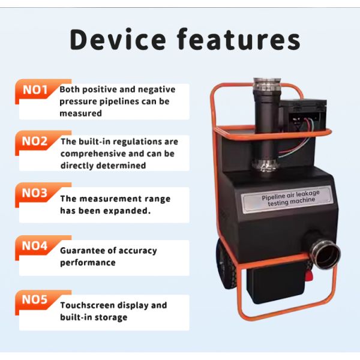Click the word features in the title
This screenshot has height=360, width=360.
tap(238, 39)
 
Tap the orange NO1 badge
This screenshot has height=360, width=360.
tap(35, 90)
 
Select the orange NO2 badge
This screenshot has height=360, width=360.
tap(35, 142)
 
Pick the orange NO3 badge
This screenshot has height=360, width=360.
tap(35, 193)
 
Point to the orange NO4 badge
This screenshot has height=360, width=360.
tap(35, 246)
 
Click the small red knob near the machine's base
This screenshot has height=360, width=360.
tap(311, 277)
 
